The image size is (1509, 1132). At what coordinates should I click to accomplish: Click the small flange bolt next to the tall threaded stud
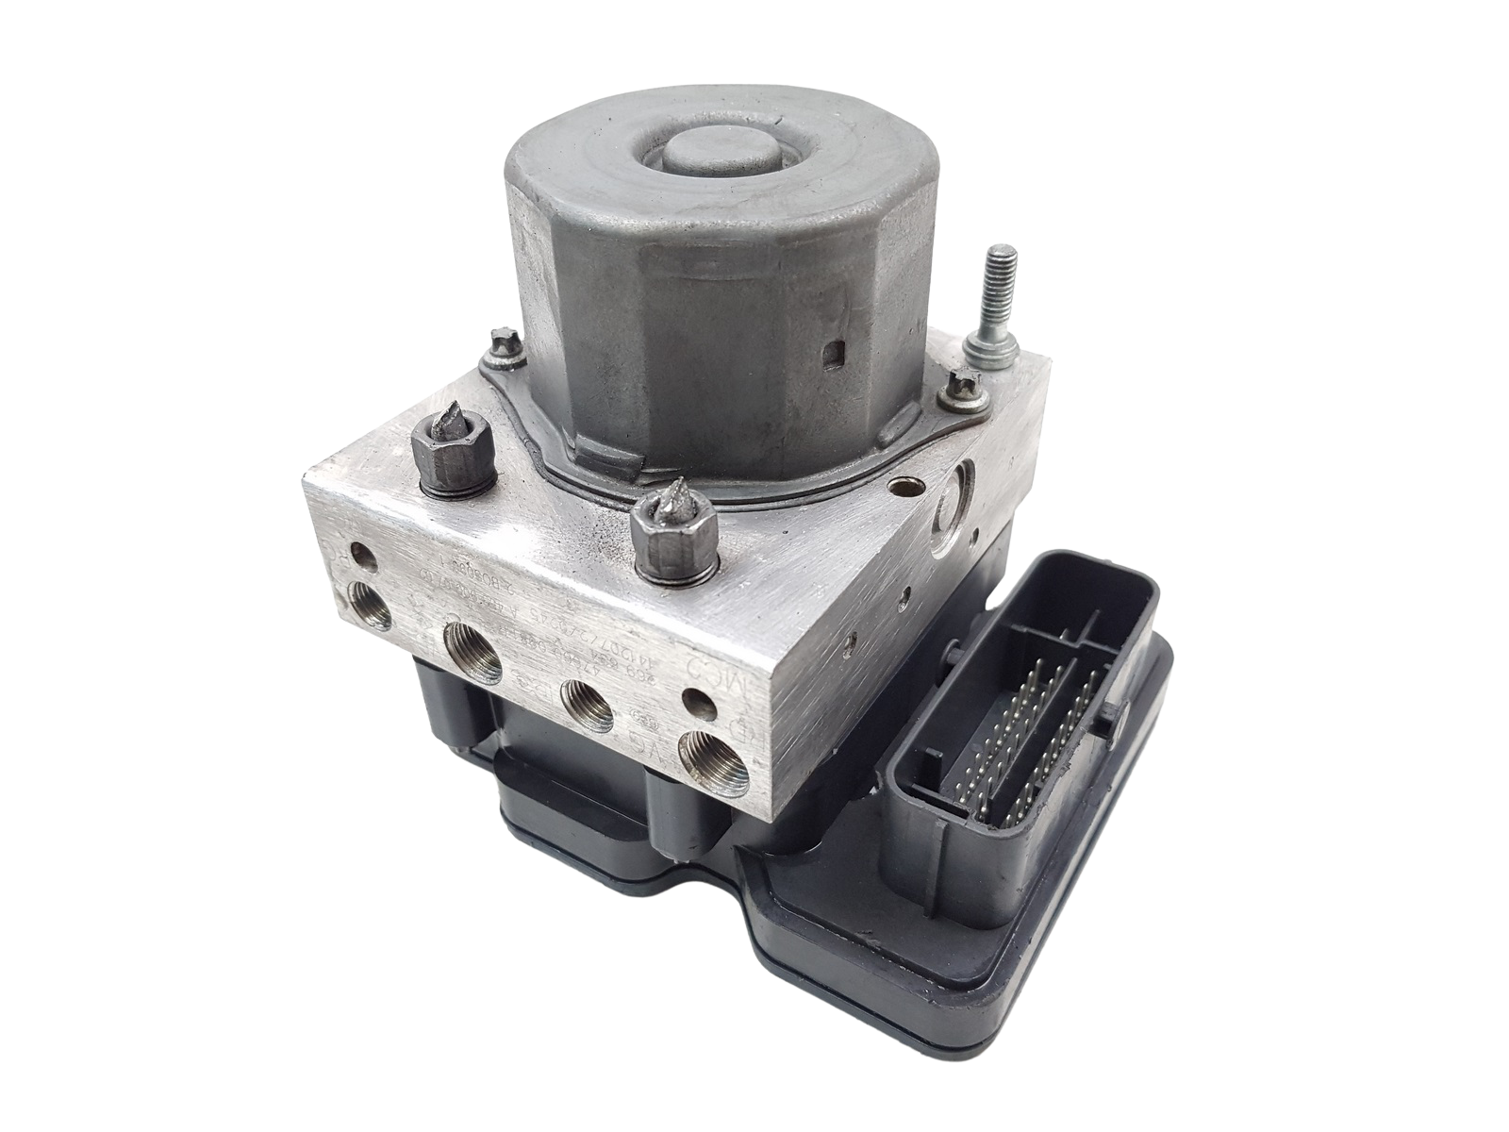click(x=963, y=386)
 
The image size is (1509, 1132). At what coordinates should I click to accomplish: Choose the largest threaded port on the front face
click(x=468, y=654)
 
